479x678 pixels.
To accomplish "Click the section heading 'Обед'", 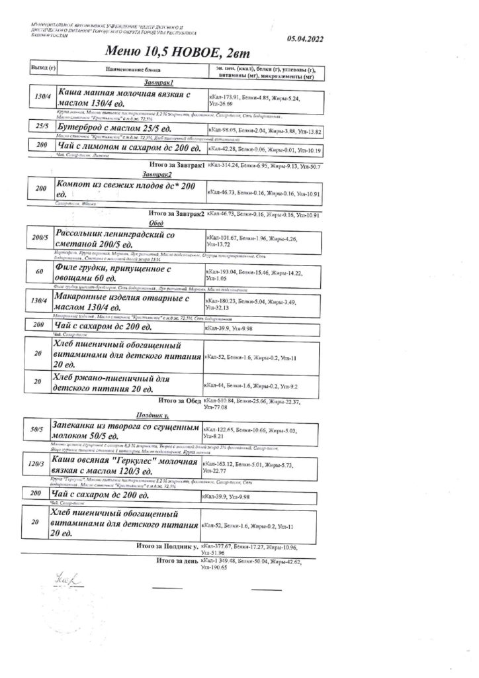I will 157,224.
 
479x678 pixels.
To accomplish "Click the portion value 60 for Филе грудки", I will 40,271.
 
